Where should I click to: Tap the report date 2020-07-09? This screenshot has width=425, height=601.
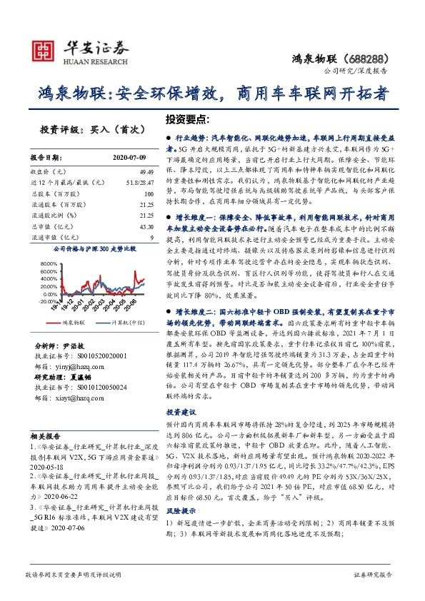pos(129,158)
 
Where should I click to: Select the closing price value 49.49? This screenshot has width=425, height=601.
pos(146,172)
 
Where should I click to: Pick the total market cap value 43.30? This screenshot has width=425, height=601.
pos(146,226)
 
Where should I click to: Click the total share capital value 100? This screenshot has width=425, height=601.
pos(149,193)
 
